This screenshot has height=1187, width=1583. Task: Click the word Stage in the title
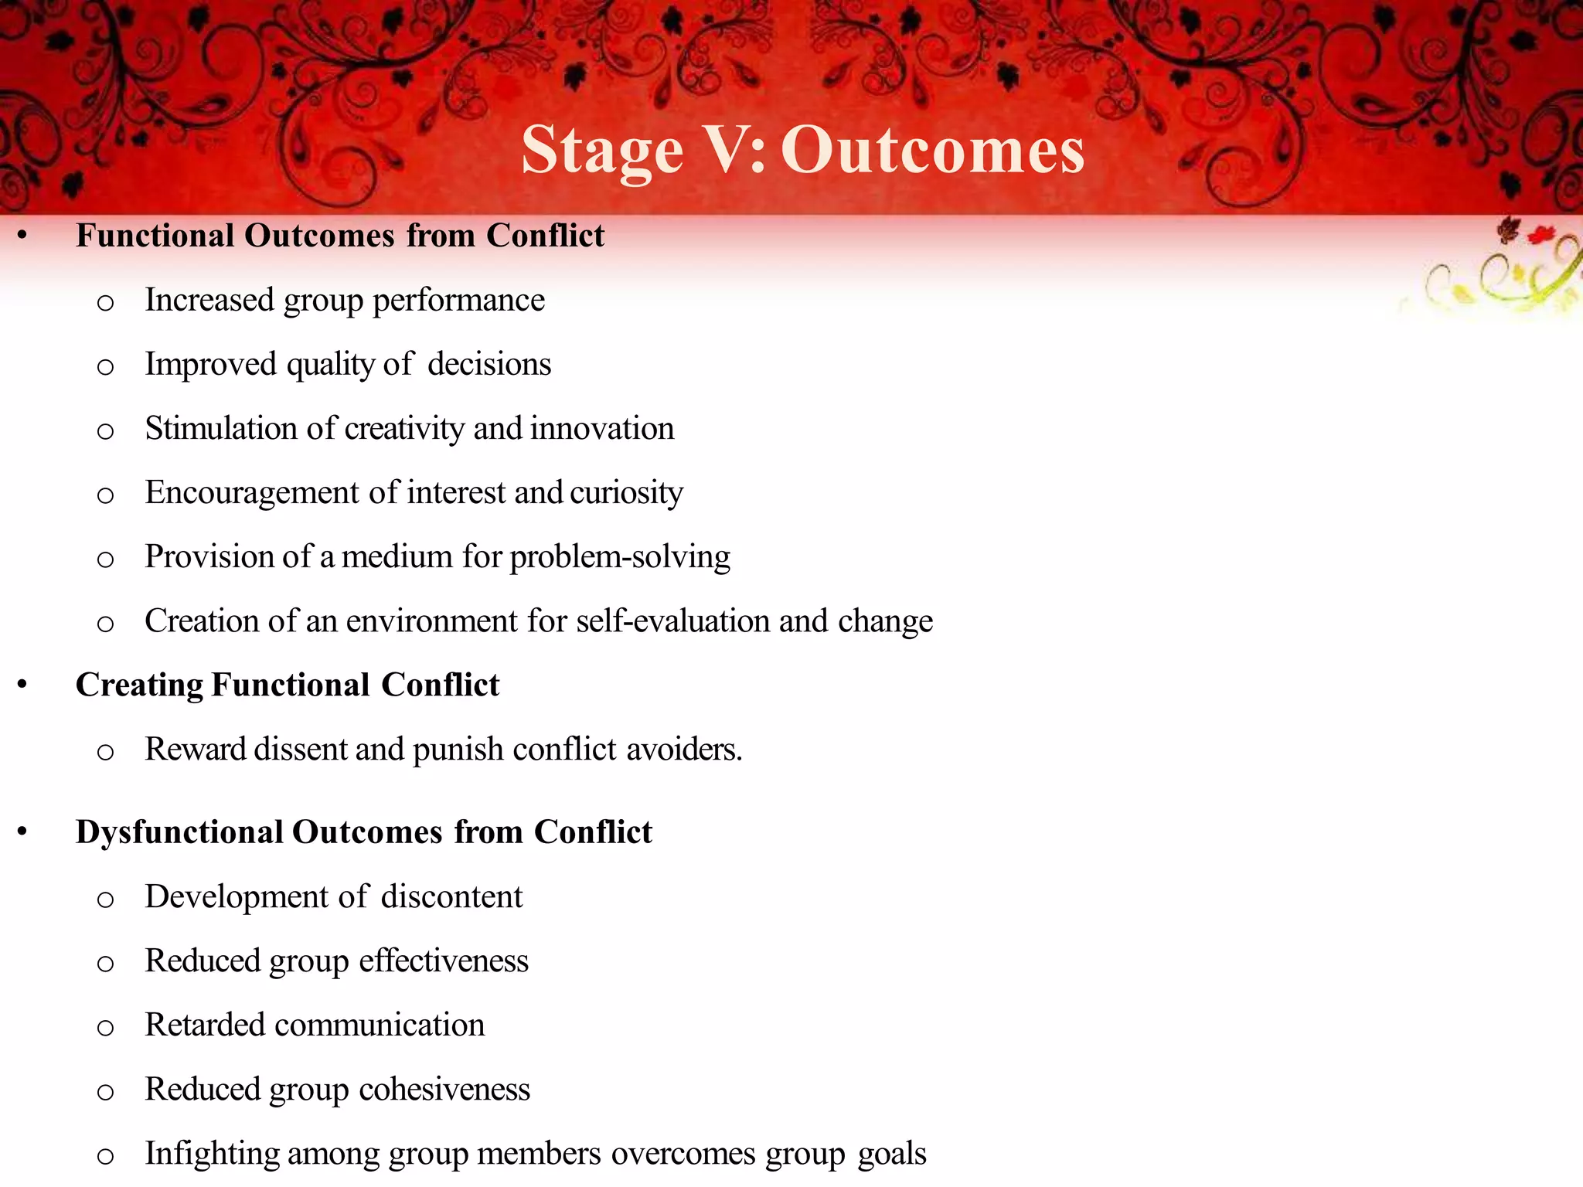[602, 151]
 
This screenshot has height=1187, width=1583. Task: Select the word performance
[458, 301]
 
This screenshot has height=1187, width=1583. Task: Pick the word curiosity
[626, 493]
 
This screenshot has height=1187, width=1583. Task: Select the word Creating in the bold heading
[140, 685]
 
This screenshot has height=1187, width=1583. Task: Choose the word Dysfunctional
[179, 832]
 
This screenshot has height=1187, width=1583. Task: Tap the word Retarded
[205, 1025]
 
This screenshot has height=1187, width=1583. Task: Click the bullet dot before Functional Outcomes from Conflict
[22, 236]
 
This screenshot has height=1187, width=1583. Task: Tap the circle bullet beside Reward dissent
[106, 752]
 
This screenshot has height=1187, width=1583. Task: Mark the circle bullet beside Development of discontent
[106, 900]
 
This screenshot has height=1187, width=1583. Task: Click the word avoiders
[684, 750]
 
